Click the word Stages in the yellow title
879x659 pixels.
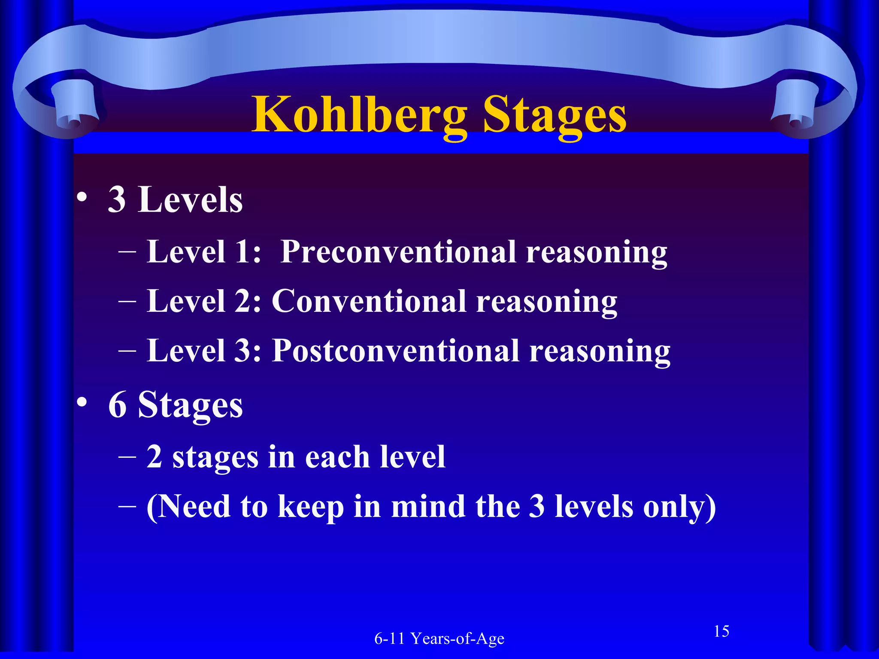(x=554, y=115)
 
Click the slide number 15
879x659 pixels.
(x=721, y=631)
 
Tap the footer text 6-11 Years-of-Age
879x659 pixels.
(x=439, y=638)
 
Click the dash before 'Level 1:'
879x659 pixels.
(x=127, y=253)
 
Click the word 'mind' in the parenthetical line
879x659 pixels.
(x=428, y=506)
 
